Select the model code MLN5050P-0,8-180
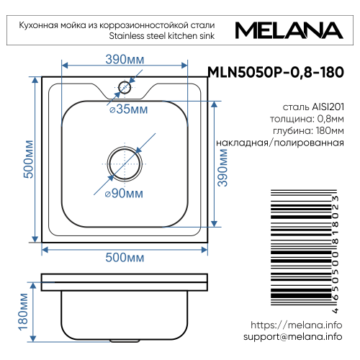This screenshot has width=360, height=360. tap(274, 72)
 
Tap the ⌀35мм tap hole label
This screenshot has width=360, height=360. tap(127, 109)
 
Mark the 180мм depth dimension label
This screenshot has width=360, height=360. tap(24, 314)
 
